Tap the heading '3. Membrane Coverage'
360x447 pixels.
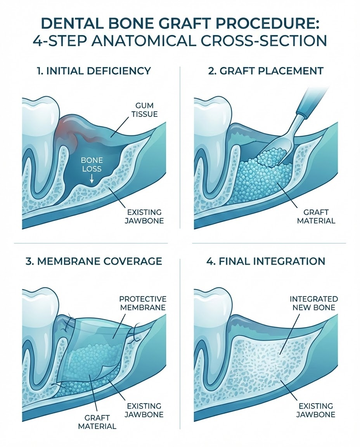coord(94,261)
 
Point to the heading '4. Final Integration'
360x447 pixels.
coord(266,261)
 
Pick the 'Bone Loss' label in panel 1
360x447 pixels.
coord(92,164)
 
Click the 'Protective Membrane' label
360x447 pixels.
coord(143,303)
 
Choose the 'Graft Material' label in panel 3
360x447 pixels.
coord(97,422)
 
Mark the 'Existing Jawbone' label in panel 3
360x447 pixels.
coord(144,410)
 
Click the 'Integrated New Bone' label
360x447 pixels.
coord(313,303)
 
